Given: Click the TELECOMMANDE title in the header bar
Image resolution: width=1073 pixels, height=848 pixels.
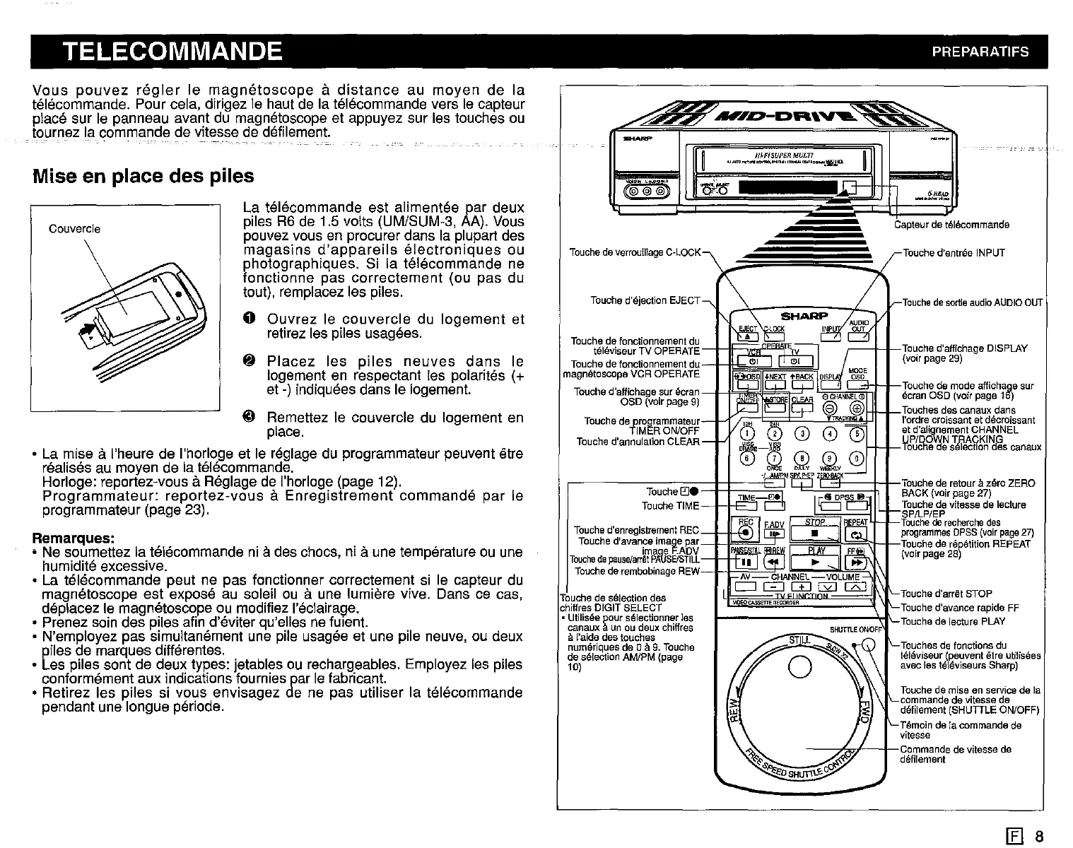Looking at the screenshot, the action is (x=172, y=52).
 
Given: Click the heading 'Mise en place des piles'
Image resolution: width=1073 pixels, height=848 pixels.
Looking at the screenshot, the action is (x=143, y=175).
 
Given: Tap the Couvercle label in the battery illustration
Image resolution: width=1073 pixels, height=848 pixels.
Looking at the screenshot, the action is (x=74, y=229).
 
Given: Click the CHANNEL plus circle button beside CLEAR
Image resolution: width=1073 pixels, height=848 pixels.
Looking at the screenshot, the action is (x=857, y=409).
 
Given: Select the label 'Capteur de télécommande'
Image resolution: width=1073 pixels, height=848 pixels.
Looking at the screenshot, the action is (x=951, y=225).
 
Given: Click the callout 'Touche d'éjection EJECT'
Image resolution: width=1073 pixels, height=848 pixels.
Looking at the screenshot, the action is (x=645, y=300).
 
